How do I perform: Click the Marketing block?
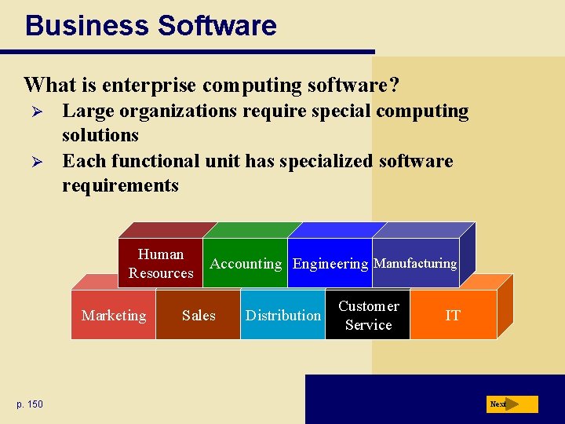coord(114,315)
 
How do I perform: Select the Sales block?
coord(198,315)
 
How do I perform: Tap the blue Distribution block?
coord(282,315)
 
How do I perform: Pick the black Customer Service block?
coord(368,315)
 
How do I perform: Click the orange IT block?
coord(453,315)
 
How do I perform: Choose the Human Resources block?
coord(161,263)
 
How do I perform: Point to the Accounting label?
coord(246,264)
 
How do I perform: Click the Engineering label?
coord(330,264)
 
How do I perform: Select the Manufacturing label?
coord(415,263)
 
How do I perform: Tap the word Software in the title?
coord(217,25)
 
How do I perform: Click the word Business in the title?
coord(86,25)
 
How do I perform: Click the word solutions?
coord(100,135)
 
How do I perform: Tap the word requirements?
coord(120,185)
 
